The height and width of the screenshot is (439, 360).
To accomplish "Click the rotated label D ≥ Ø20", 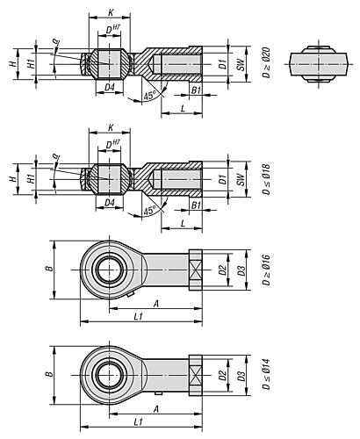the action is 266,62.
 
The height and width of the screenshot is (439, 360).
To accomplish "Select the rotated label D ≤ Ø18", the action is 266,179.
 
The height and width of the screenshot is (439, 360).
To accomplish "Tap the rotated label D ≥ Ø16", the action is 266,270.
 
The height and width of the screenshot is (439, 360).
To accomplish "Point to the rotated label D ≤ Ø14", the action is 266,374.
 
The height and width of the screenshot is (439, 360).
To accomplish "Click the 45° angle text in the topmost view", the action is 149,95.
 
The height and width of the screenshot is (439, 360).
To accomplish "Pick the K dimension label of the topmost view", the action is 111,12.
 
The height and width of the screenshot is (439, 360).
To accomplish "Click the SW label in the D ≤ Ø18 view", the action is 241,179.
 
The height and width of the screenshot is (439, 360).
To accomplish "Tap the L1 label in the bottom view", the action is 138,421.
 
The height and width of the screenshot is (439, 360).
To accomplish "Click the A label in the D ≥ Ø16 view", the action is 156,304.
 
